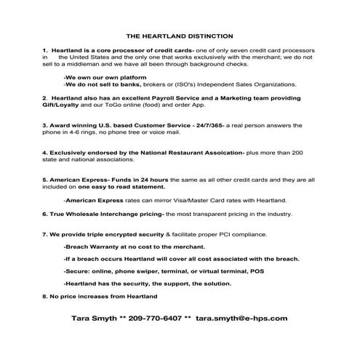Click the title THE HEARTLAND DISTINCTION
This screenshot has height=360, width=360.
point(179,34)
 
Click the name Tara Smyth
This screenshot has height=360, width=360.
point(96,318)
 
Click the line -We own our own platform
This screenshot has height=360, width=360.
point(105,76)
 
